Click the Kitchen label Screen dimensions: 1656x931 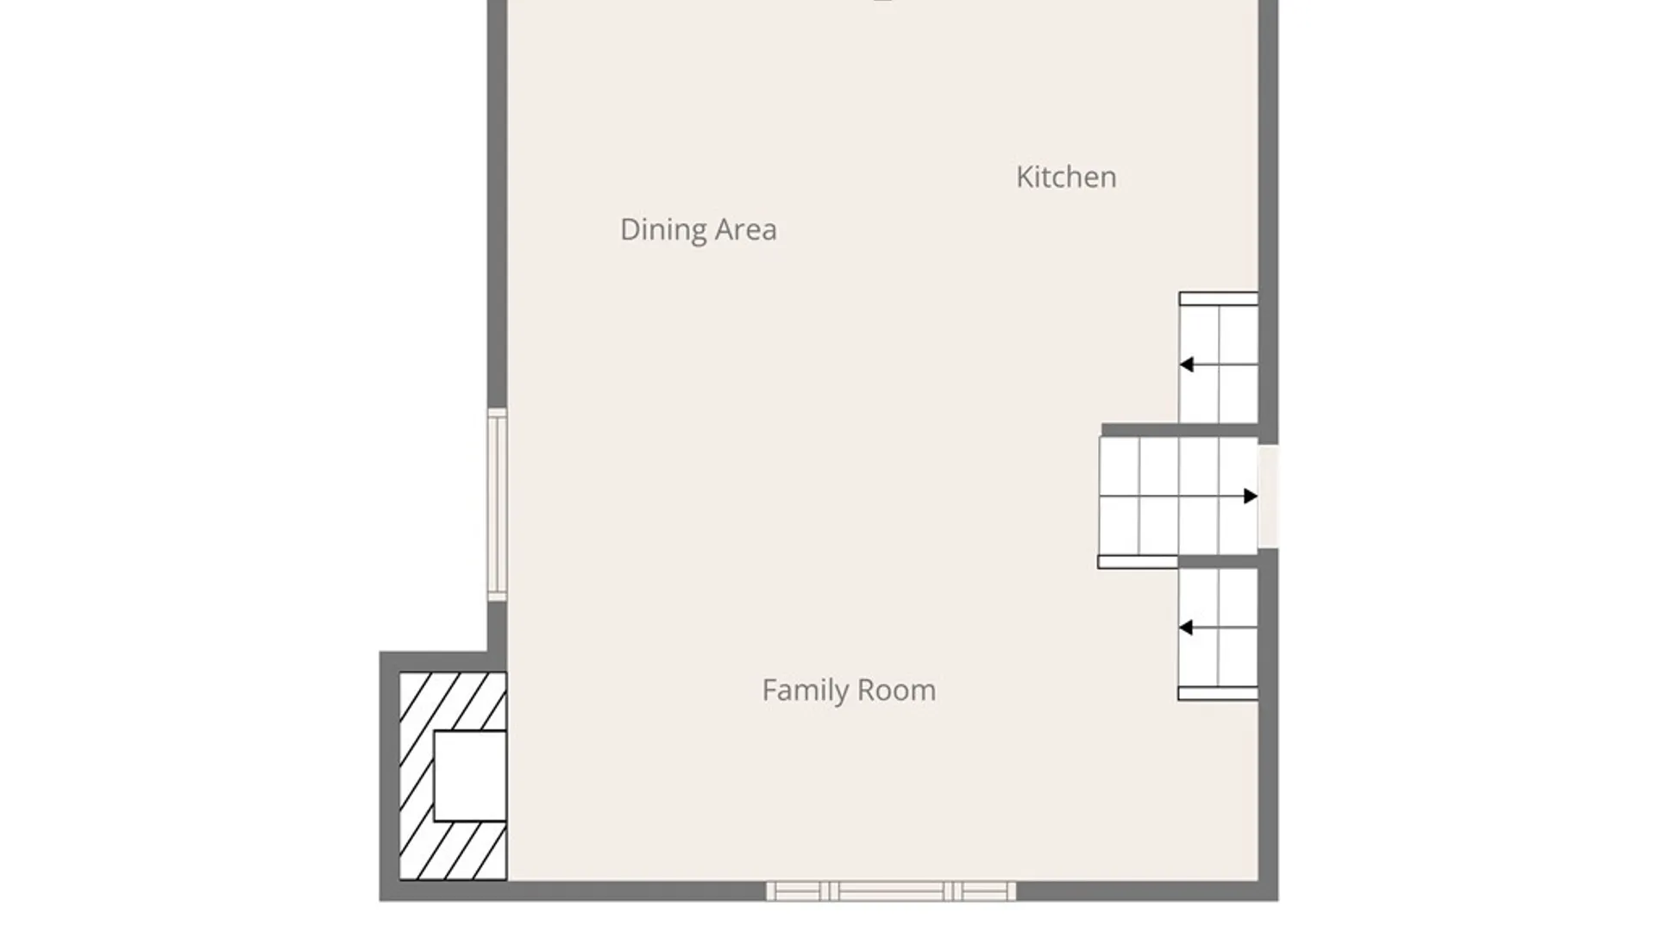click(1066, 177)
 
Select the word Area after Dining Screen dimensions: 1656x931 click(747, 229)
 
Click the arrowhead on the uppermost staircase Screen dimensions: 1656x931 click(1186, 365)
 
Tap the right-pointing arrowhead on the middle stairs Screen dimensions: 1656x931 click(1251, 496)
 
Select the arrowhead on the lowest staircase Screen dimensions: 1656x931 click(1186, 628)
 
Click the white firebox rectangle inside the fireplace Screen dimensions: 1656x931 click(470, 776)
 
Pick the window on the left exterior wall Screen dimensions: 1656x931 click(497, 504)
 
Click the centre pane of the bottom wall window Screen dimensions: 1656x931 click(891, 891)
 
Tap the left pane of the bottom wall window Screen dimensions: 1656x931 click(793, 891)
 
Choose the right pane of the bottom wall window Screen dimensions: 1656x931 click(988, 891)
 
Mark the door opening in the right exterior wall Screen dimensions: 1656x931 click(1268, 496)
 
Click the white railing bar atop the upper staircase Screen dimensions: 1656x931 click(1218, 299)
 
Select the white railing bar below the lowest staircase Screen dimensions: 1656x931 click(1218, 693)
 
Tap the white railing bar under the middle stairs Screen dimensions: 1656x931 click(1138, 562)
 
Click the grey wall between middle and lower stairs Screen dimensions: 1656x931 click(1218, 562)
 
